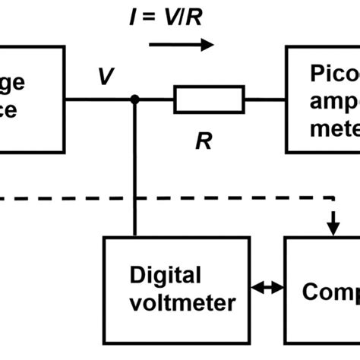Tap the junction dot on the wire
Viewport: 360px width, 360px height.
point(135,99)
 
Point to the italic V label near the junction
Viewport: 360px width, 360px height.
point(106,76)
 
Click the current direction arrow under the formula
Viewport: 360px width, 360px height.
point(182,46)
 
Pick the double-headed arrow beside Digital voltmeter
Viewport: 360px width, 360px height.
point(267,288)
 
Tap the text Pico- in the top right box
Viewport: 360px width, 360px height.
point(334,74)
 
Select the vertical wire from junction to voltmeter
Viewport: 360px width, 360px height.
point(135,167)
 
